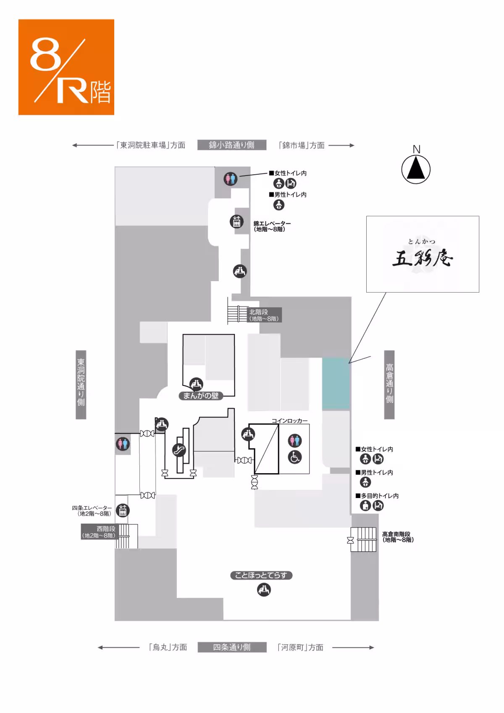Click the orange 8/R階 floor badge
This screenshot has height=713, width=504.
click(x=66, y=67)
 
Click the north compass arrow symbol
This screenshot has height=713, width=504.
click(x=416, y=169)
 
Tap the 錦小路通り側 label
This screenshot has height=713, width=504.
click(x=231, y=145)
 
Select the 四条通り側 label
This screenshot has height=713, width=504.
click(x=231, y=647)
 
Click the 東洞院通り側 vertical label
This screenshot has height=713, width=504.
click(x=81, y=384)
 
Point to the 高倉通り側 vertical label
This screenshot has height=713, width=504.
click(x=389, y=384)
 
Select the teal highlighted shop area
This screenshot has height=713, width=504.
click(x=336, y=384)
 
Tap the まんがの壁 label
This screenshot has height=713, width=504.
click(x=201, y=396)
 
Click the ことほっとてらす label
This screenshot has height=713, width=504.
click(x=261, y=575)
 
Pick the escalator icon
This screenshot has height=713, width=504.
click(x=179, y=450)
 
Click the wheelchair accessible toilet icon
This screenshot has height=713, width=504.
click(x=294, y=457)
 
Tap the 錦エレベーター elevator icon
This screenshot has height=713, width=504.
click(x=236, y=221)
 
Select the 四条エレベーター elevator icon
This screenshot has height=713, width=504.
click(x=123, y=511)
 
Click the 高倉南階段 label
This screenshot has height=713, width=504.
click(x=397, y=537)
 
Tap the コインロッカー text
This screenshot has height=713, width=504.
click(x=289, y=420)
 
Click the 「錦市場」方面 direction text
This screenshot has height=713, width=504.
click(x=302, y=145)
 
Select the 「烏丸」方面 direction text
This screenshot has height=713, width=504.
click(x=168, y=647)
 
